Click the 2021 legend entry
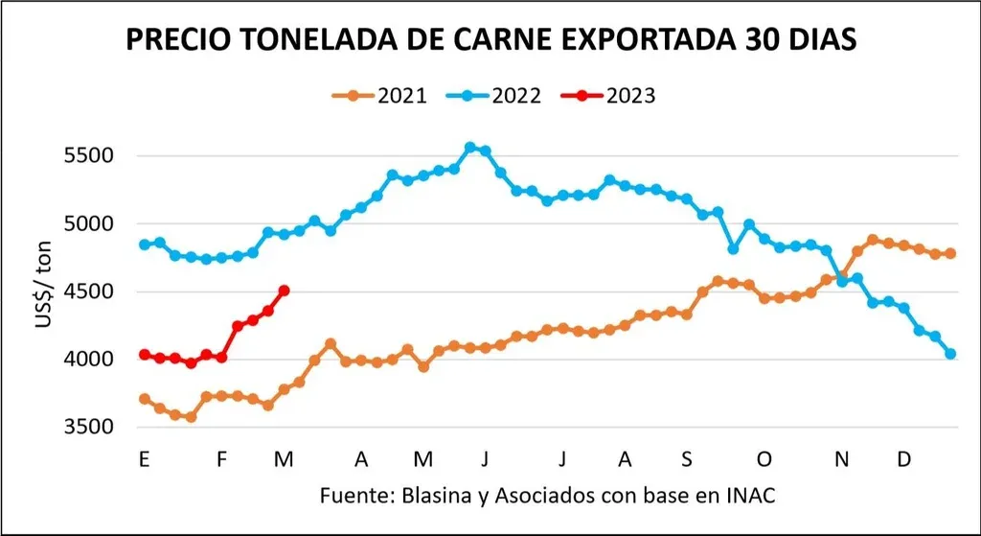pos(379,96)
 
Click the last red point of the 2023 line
pos(284,291)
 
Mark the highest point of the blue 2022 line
pos(470,148)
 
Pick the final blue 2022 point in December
pos(950,354)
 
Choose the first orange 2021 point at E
pos(144,399)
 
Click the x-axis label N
pos(841,459)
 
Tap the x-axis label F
pos(221,459)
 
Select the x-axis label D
pos(903,459)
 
